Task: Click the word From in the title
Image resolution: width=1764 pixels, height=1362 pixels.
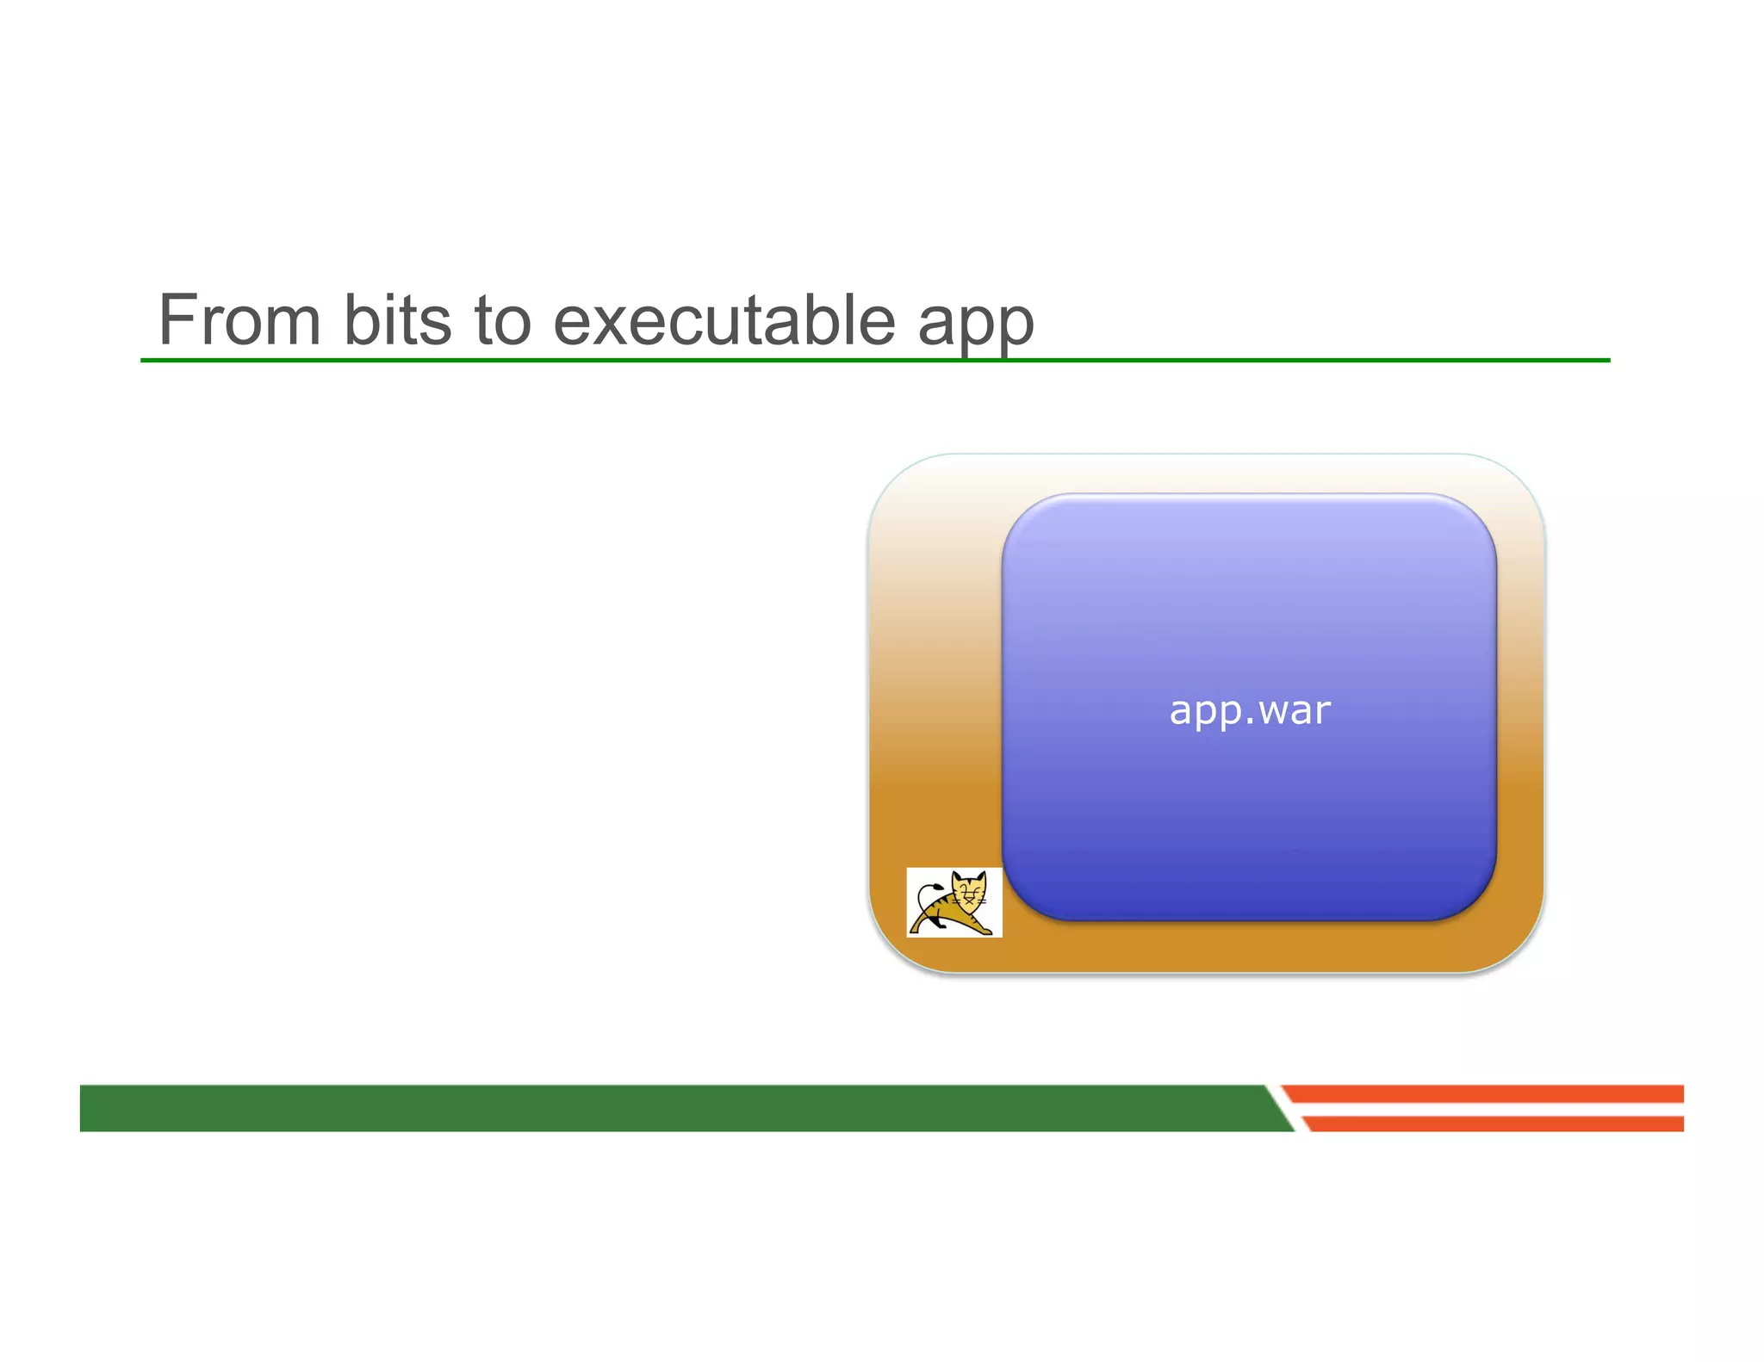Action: [x=240, y=320]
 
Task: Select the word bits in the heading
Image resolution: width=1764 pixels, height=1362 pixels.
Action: [x=397, y=320]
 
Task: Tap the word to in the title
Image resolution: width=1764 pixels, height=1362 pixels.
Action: [x=502, y=320]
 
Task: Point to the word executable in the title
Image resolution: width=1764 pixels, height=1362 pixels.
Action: [x=724, y=320]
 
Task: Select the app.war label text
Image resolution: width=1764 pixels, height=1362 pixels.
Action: [x=1249, y=711]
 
